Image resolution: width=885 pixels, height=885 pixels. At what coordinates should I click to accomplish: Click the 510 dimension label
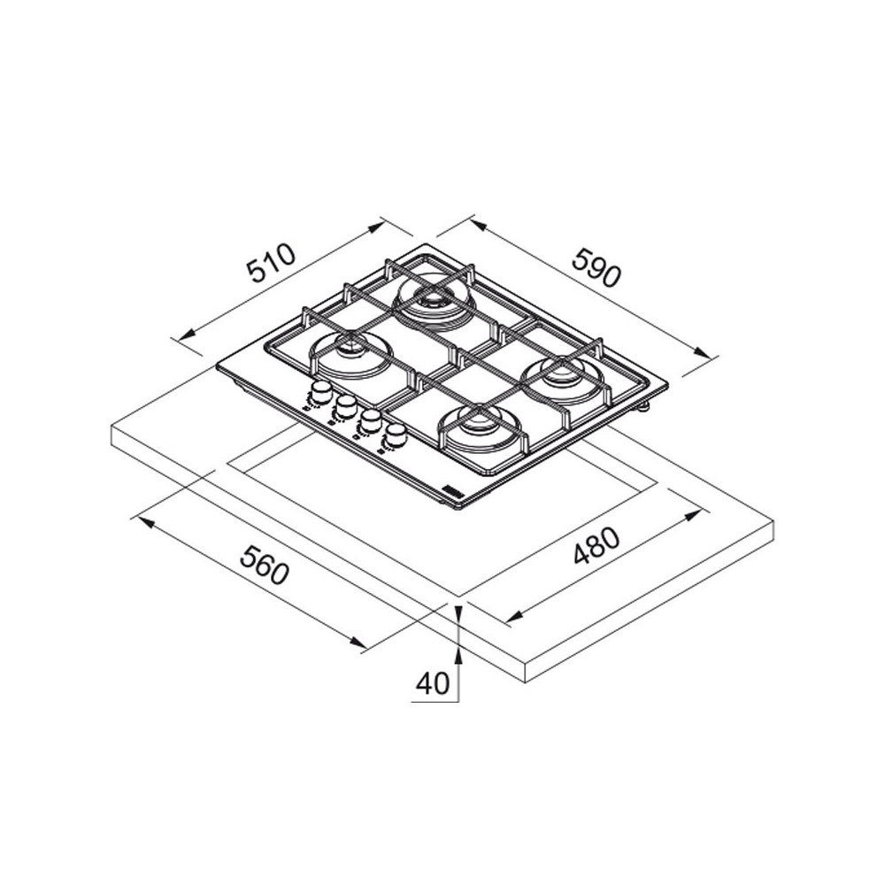272,263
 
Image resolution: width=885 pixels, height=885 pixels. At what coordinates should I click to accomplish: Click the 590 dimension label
596,267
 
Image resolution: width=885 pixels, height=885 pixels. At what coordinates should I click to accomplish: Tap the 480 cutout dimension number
596,546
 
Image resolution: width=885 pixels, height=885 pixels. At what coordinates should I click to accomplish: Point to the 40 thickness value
433,683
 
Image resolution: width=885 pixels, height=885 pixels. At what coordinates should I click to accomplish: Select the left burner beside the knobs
348,353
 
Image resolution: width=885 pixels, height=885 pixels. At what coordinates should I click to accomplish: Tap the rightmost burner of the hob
562,374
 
